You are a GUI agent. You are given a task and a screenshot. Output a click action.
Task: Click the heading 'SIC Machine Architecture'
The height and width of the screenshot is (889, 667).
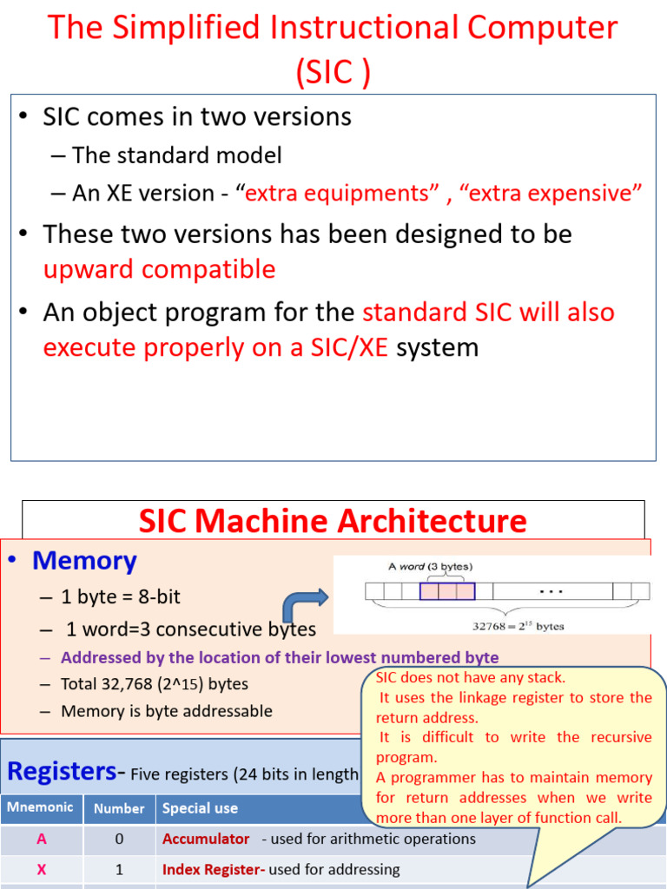coord(333,521)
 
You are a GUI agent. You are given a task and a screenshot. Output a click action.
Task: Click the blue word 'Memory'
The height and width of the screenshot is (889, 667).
coord(84,561)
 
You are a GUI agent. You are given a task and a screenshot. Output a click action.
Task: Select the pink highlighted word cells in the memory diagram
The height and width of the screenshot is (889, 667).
coord(447,591)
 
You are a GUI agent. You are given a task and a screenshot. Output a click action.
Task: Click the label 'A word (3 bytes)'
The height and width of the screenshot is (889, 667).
coord(430,567)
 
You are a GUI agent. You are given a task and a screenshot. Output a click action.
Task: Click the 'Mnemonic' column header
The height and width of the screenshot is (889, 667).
coord(41,807)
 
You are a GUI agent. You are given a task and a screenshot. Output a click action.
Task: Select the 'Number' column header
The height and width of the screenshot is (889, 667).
coord(119,808)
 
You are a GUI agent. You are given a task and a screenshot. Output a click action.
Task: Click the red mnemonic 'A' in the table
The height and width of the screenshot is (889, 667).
coord(41,839)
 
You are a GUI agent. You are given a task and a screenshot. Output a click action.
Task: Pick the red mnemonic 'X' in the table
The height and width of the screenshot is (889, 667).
coord(41,869)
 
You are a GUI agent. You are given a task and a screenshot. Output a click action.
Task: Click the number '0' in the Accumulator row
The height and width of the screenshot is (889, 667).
coord(119,839)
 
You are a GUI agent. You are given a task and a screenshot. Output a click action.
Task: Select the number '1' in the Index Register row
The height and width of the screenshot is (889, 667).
coord(119,869)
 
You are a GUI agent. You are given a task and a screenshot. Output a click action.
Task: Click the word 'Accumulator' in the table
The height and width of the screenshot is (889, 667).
coord(206,839)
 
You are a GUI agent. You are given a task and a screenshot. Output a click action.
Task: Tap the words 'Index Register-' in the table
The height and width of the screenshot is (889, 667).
coord(214,869)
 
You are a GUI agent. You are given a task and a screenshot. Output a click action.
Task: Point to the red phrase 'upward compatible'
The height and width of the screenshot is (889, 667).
coord(159,269)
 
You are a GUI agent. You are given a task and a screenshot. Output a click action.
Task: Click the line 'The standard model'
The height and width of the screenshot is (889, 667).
coord(177,155)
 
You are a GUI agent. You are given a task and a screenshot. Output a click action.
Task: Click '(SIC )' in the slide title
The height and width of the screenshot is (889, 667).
coord(333,73)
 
